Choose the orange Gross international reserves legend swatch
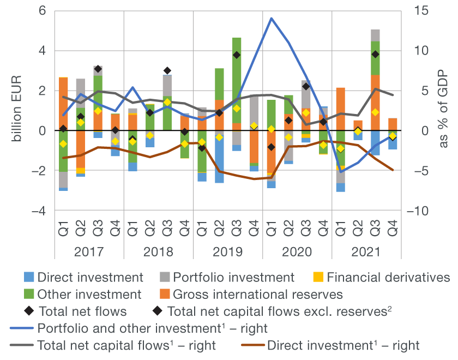(165, 295)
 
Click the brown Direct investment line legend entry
(257, 345)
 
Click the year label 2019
(228, 253)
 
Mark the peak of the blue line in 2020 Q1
(271, 18)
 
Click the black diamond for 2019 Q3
(237, 55)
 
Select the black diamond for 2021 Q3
(375, 54)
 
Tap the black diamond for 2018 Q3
(167, 70)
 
